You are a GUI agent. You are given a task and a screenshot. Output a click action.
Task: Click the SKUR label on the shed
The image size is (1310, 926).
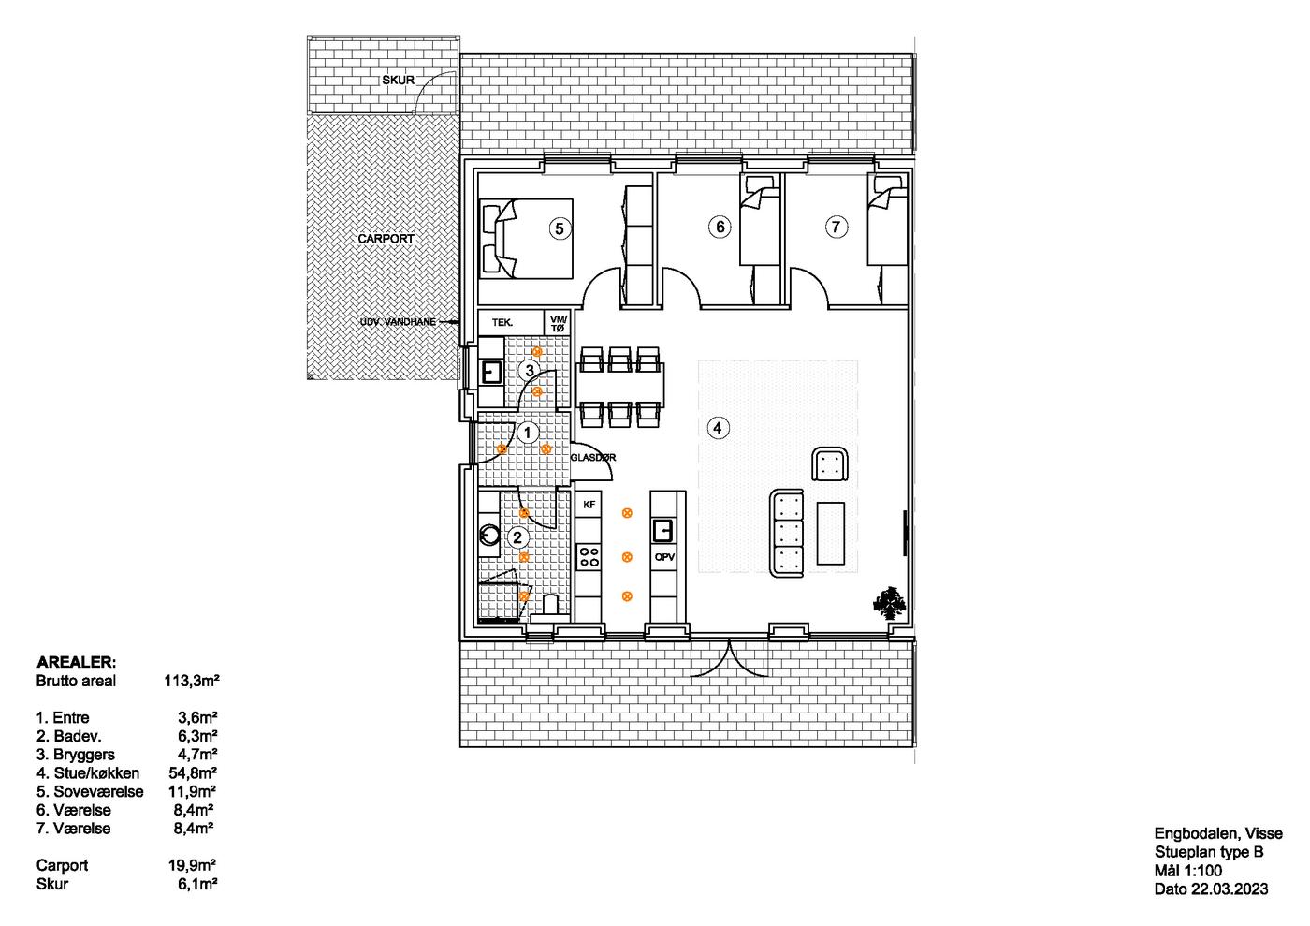click(x=399, y=81)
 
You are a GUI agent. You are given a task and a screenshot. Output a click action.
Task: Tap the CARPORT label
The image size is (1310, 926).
click(x=386, y=239)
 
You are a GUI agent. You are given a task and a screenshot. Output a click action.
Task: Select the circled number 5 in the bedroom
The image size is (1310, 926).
click(x=560, y=228)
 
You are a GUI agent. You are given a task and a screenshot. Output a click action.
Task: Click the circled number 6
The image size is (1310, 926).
click(x=720, y=227)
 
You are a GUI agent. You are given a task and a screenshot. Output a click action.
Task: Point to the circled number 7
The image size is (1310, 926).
click(x=837, y=227)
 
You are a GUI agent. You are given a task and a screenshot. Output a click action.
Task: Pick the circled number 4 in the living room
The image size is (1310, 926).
click(x=718, y=429)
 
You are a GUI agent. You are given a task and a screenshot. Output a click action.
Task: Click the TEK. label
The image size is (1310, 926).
click(x=502, y=322)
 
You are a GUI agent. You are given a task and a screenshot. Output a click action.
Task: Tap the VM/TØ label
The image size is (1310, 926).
click(x=559, y=324)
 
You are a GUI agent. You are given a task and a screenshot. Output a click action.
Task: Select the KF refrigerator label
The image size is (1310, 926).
click(x=589, y=505)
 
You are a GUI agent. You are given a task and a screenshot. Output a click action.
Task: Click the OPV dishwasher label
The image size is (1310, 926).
click(x=664, y=557)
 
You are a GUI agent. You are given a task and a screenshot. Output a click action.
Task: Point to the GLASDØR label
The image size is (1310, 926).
click(x=593, y=458)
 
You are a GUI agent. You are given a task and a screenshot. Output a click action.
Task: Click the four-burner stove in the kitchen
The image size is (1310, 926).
click(x=589, y=557)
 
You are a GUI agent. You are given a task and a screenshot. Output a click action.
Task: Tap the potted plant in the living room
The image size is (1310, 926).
click(x=890, y=602)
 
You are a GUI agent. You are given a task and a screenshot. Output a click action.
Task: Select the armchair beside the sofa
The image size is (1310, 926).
click(x=830, y=464)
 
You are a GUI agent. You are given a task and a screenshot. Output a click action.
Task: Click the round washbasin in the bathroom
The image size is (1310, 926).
click(x=488, y=535)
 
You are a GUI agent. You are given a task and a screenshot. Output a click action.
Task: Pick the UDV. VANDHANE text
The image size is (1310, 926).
click(x=398, y=322)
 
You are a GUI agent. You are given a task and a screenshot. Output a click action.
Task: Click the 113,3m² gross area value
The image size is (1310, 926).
click(x=192, y=681)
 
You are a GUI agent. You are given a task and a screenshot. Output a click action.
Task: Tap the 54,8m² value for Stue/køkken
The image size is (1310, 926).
click(x=193, y=773)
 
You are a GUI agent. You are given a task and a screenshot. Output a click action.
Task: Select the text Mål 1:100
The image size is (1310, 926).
click(x=1188, y=871)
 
